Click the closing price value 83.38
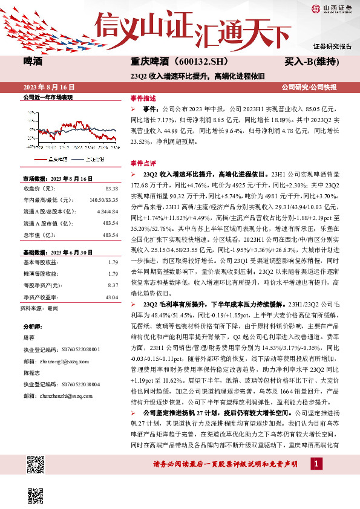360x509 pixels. tap(111, 188)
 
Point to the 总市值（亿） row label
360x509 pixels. tap(41, 235)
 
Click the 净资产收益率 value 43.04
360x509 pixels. tap(111, 297)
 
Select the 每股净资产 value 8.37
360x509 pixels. tap(112, 285)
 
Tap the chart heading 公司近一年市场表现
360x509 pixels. tap(47, 97)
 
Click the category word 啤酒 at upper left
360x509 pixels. tap(33, 61)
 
